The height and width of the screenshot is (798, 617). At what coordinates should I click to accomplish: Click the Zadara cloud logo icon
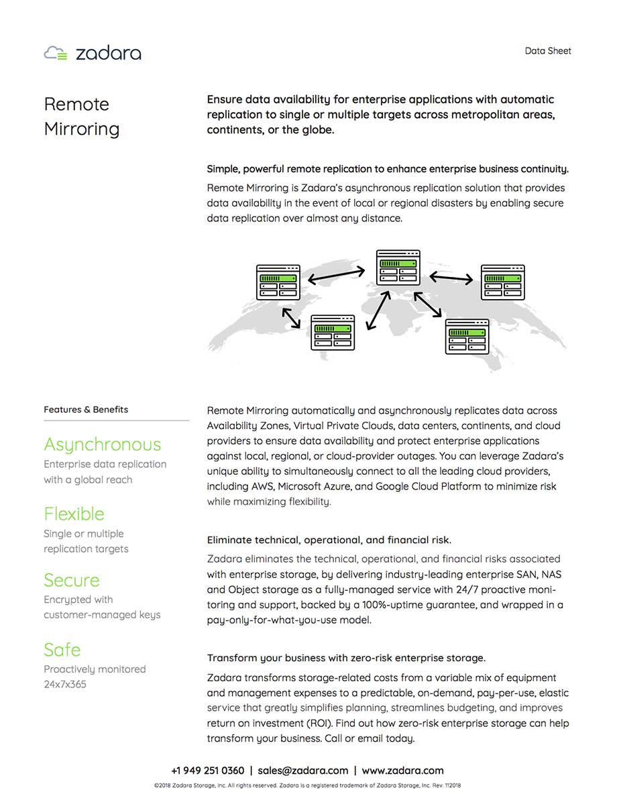(56, 53)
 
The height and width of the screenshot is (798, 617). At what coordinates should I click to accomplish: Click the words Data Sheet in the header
(548, 50)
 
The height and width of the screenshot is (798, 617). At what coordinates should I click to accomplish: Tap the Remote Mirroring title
(81, 116)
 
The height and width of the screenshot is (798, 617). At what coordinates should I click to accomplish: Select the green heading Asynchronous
(102, 445)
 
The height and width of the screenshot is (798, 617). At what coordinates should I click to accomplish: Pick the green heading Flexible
(74, 514)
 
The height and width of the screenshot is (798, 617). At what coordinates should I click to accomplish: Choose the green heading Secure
(71, 580)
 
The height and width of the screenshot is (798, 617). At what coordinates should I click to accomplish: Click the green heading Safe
(62, 650)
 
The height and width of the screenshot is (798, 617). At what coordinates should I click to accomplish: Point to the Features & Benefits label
(86, 410)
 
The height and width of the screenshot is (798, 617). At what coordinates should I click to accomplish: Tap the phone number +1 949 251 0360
(207, 771)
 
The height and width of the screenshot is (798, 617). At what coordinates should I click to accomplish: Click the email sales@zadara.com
(302, 771)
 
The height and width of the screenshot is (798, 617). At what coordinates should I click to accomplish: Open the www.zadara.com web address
(402, 771)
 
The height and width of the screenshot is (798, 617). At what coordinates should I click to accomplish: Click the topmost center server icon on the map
(398, 268)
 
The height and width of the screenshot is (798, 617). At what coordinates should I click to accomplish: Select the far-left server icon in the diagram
(278, 282)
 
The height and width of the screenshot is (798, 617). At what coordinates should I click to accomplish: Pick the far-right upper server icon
(502, 282)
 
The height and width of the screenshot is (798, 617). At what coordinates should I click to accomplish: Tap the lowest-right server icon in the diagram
(467, 336)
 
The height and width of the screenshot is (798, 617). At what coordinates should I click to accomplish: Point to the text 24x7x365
(65, 685)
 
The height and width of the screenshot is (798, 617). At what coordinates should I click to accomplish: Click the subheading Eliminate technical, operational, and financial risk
(329, 540)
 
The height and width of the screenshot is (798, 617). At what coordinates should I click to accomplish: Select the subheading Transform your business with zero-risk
(346, 658)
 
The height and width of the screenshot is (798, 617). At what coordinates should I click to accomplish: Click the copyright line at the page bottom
(308, 785)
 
